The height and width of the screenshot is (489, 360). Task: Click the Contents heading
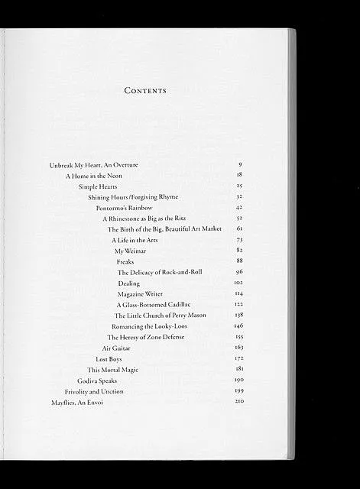pos(145,91)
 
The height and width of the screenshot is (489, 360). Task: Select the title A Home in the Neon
pos(94,176)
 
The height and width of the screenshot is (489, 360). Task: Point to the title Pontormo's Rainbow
pos(125,208)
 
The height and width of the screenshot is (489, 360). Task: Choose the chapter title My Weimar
pos(130,251)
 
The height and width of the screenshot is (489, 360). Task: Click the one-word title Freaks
pos(125,261)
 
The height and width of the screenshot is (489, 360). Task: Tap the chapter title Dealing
pos(129,283)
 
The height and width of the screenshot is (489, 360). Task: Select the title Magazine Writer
pos(140,293)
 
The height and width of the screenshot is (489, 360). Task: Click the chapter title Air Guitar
pos(116,348)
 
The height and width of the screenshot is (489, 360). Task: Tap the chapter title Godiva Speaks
pos(96,380)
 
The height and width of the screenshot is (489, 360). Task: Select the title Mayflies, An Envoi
pos(79,402)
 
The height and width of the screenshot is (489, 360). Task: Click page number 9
pos(240,165)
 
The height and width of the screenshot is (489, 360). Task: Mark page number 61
pos(239,229)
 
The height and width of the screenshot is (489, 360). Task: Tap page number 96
pos(239,272)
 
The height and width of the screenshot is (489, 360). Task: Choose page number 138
pos(238,315)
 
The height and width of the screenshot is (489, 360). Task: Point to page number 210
pos(238,401)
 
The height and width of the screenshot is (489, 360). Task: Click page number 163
pos(238,348)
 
